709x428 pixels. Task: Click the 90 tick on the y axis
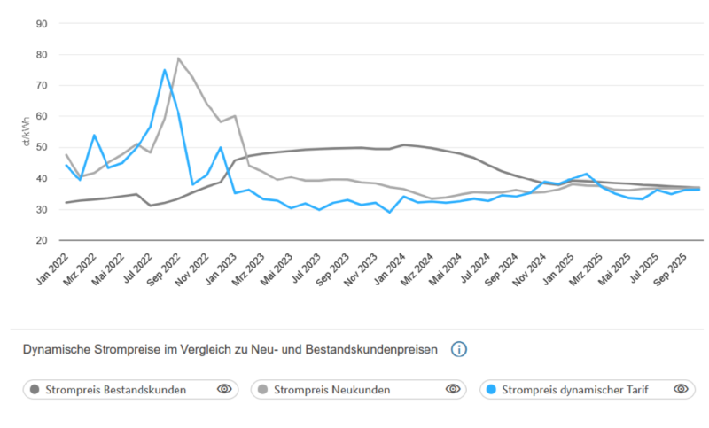[x=41, y=23]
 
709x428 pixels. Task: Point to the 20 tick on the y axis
[x=41, y=240]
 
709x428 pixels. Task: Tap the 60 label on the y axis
[x=41, y=116]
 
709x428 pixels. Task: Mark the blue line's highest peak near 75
[x=164, y=70]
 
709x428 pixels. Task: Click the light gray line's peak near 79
[x=178, y=58]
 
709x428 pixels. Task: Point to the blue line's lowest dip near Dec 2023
[x=389, y=212]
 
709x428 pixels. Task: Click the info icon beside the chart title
[x=458, y=349]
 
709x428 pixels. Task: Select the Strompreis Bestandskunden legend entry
[x=116, y=389]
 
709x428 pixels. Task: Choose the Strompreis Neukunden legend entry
[x=331, y=389]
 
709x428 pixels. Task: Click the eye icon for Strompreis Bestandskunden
[x=224, y=389]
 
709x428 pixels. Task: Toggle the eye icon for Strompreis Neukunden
[x=453, y=389]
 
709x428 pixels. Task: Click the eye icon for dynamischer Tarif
[x=681, y=389]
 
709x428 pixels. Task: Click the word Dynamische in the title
[x=55, y=350]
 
